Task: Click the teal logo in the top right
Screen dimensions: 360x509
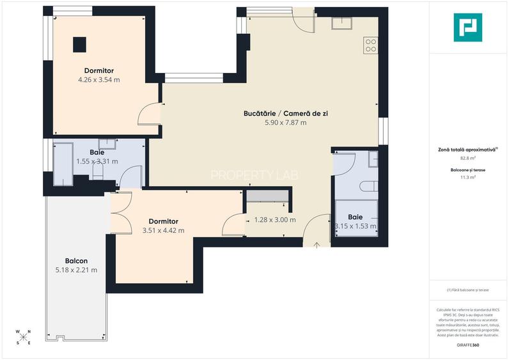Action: (x=468, y=27)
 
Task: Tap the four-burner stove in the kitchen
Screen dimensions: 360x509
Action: (x=370, y=45)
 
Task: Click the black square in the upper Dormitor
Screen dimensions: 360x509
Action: (x=79, y=43)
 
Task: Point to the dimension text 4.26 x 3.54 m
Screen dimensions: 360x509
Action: (x=99, y=80)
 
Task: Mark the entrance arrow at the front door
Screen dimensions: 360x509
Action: (x=318, y=245)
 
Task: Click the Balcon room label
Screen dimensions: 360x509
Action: (x=76, y=261)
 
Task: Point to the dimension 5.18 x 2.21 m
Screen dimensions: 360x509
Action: (x=76, y=270)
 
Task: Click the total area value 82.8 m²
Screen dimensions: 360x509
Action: (x=468, y=158)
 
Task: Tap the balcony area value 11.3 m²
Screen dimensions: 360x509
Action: (x=468, y=178)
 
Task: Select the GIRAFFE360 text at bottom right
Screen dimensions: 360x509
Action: (x=468, y=345)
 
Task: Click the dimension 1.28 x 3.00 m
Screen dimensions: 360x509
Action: (x=275, y=220)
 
